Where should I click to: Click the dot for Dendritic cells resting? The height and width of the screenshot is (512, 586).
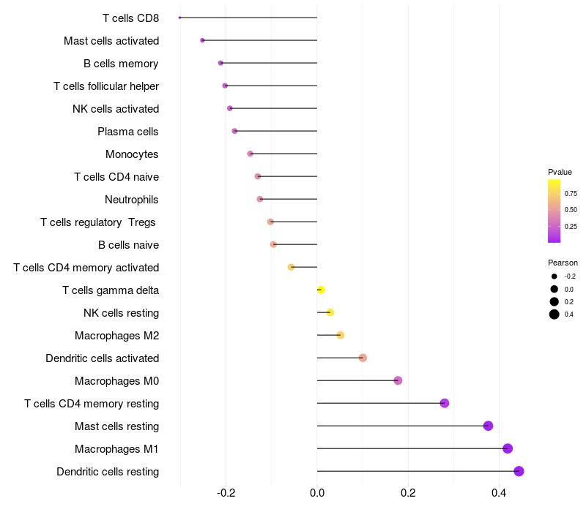[x=519, y=471]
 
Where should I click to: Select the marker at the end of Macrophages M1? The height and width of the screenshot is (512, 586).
[x=508, y=448]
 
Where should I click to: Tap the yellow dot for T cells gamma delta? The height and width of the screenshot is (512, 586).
[x=321, y=290]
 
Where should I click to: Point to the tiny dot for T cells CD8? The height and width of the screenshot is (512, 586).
[x=179, y=18]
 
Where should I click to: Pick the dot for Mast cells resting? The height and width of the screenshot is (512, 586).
[x=488, y=426]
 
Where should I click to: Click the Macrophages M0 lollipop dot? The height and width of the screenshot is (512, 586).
[x=398, y=380]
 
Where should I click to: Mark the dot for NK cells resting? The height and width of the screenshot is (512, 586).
[x=330, y=313]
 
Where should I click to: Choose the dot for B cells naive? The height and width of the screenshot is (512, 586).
[x=273, y=244]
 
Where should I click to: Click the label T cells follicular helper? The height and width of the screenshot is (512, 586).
[x=106, y=86]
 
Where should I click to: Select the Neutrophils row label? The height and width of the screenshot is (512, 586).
[x=132, y=200]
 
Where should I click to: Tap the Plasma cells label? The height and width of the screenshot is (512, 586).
[x=128, y=132]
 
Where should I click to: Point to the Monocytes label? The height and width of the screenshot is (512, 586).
[x=132, y=154]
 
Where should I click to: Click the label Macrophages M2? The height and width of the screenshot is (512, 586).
[x=116, y=336]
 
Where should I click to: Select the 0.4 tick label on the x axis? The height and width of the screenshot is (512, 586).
[x=499, y=493]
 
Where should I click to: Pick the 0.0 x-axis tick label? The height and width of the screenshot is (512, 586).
[x=317, y=493]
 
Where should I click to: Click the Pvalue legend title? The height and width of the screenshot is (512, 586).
[x=560, y=172]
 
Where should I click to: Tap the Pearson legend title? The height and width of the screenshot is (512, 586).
[x=563, y=263]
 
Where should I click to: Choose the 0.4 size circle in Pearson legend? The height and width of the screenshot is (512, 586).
[x=555, y=315]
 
